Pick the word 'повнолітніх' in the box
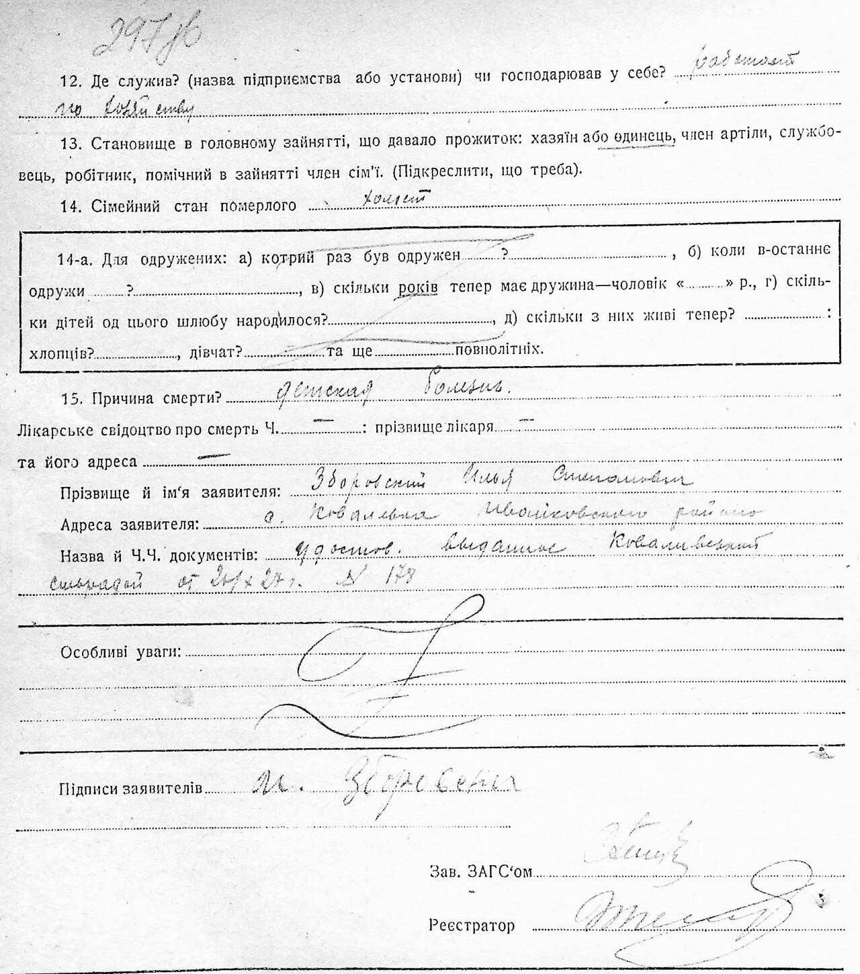499,350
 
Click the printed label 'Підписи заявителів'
132,787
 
